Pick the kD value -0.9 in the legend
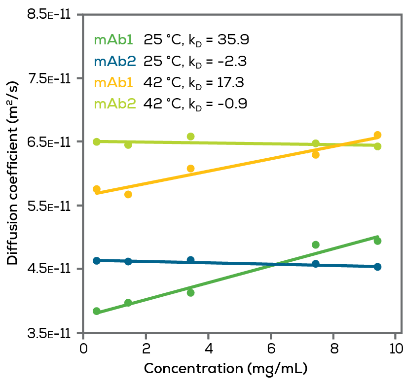pos(231,104)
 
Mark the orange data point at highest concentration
pos(378,135)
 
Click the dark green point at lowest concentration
pos(97,311)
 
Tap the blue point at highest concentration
pos(377,267)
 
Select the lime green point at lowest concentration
pos(97,141)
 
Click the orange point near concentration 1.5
pos(128,194)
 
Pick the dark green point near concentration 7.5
pos(316,245)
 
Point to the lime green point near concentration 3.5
pos(191,137)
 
